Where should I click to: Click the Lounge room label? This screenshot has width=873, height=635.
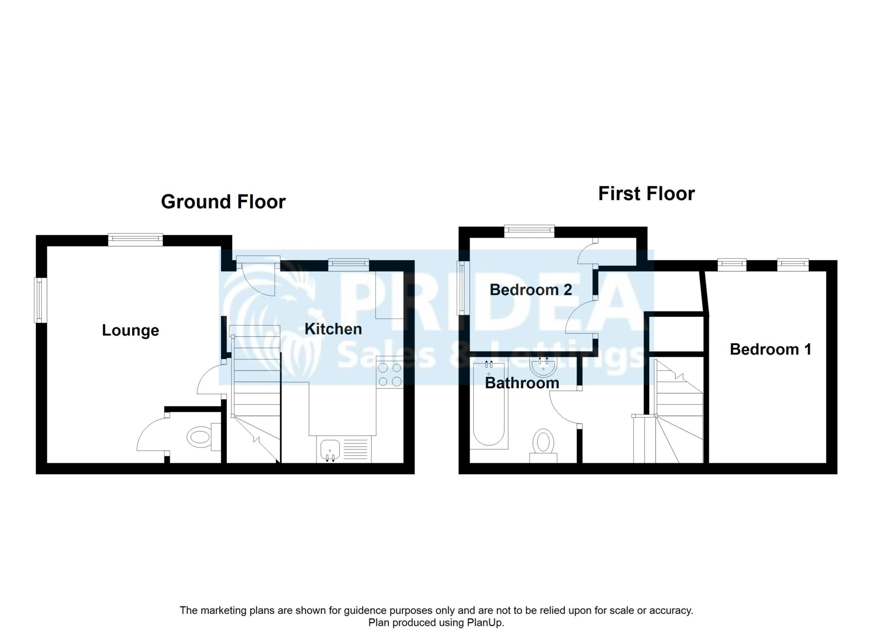(x=130, y=331)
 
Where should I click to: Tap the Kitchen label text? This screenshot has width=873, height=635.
(x=333, y=329)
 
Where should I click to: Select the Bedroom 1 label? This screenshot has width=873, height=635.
(x=770, y=349)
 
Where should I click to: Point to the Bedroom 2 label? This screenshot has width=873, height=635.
(x=531, y=290)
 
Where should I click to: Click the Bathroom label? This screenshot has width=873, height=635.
(x=522, y=383)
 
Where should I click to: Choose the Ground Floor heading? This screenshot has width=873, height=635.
(x=223, y=202)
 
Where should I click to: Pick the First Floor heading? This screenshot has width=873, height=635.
(x=647, y=194)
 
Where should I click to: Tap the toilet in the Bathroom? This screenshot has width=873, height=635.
(x=543, y=446)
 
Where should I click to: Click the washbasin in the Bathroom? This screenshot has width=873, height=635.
(x=543, y=365)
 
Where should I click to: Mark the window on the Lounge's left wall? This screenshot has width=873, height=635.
(x=40, y=300)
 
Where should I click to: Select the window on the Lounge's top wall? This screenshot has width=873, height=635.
(x=136, y=240)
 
